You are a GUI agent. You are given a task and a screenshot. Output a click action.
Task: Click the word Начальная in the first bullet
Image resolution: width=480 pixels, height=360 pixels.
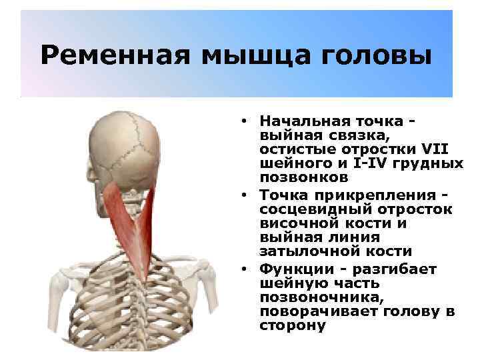tap(298, 121)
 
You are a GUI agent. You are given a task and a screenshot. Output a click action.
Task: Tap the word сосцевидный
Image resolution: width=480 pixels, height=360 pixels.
tap(309, 209)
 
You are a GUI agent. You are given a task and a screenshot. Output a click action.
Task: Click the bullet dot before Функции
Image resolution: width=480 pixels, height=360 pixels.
tap(246, 269)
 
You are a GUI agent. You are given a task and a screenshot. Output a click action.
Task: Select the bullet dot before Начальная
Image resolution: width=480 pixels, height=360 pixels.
tap(246, 121)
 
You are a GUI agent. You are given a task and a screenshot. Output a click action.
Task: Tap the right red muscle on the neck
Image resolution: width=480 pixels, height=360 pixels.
tap(158, 227)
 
